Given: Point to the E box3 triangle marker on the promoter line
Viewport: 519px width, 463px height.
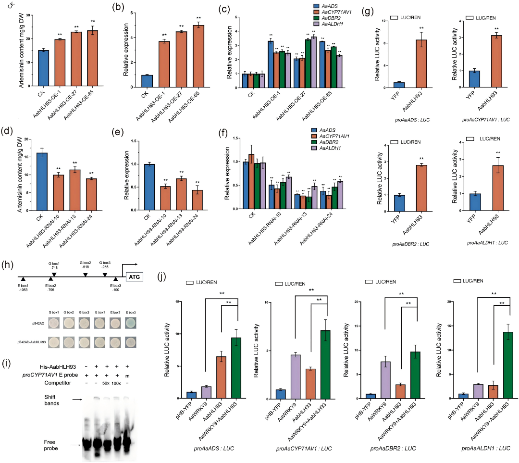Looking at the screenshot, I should click(x=115, y=279).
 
